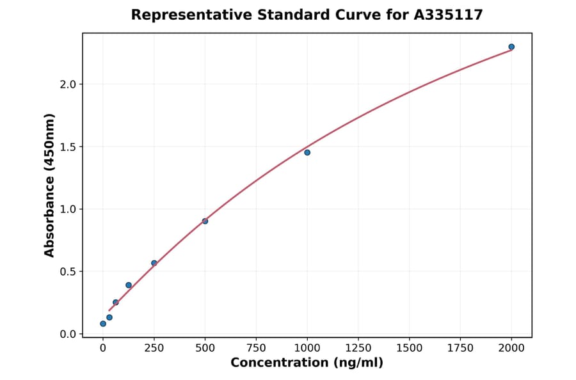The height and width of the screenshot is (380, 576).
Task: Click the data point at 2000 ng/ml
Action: click(x=511, y=47)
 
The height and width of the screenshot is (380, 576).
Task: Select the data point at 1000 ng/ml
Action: click(x=307, y=152)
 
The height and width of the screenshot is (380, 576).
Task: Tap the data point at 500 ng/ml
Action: click(x=205, y=221)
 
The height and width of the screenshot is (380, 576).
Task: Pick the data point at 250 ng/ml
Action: click(x=154, y=263)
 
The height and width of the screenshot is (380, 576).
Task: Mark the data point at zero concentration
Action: click(x=103, y=324)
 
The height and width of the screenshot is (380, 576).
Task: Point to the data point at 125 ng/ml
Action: click(x=129, y=285)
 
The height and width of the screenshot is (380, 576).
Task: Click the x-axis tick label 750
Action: click(x=256, y=348)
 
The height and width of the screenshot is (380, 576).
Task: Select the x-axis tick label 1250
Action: click(x=358, y=348)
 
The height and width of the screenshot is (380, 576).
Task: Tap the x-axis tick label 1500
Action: click(x=410, y=348)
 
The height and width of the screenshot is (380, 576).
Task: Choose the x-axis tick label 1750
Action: click(x=460, y=348)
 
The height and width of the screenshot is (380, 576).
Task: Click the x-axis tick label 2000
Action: click(x=511, y=348)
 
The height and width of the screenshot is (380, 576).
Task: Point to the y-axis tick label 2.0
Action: click(x=68, y=84)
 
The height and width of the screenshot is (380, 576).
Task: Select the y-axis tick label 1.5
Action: click(x=68, y=147)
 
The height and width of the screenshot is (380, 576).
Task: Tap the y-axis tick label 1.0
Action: click(x=68, y=209)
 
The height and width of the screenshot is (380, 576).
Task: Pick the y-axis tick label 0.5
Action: click(x=68, y=272)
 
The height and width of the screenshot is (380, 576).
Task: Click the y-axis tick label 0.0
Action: click(x=68, y=334)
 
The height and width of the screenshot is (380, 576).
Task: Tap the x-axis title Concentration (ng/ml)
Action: click(x=307, y=363)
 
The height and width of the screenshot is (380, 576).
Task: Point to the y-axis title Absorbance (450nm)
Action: click(x=50, y=185)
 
